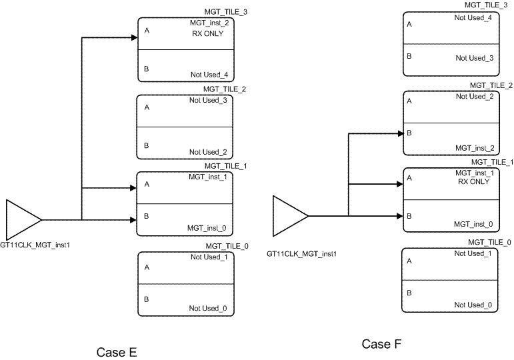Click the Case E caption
tap(117, 352)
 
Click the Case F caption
tap(381, 344)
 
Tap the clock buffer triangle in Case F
tap(289, 215)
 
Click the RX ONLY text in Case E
tap(207, 35)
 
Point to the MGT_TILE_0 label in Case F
tap(490, 243)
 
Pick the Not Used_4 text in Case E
tap(208, 75)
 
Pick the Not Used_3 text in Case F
tap(475, 58)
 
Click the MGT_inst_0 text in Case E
tap(206, 228)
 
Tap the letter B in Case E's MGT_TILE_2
tap(147, 143)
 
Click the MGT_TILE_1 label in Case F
tap(491, 162)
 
